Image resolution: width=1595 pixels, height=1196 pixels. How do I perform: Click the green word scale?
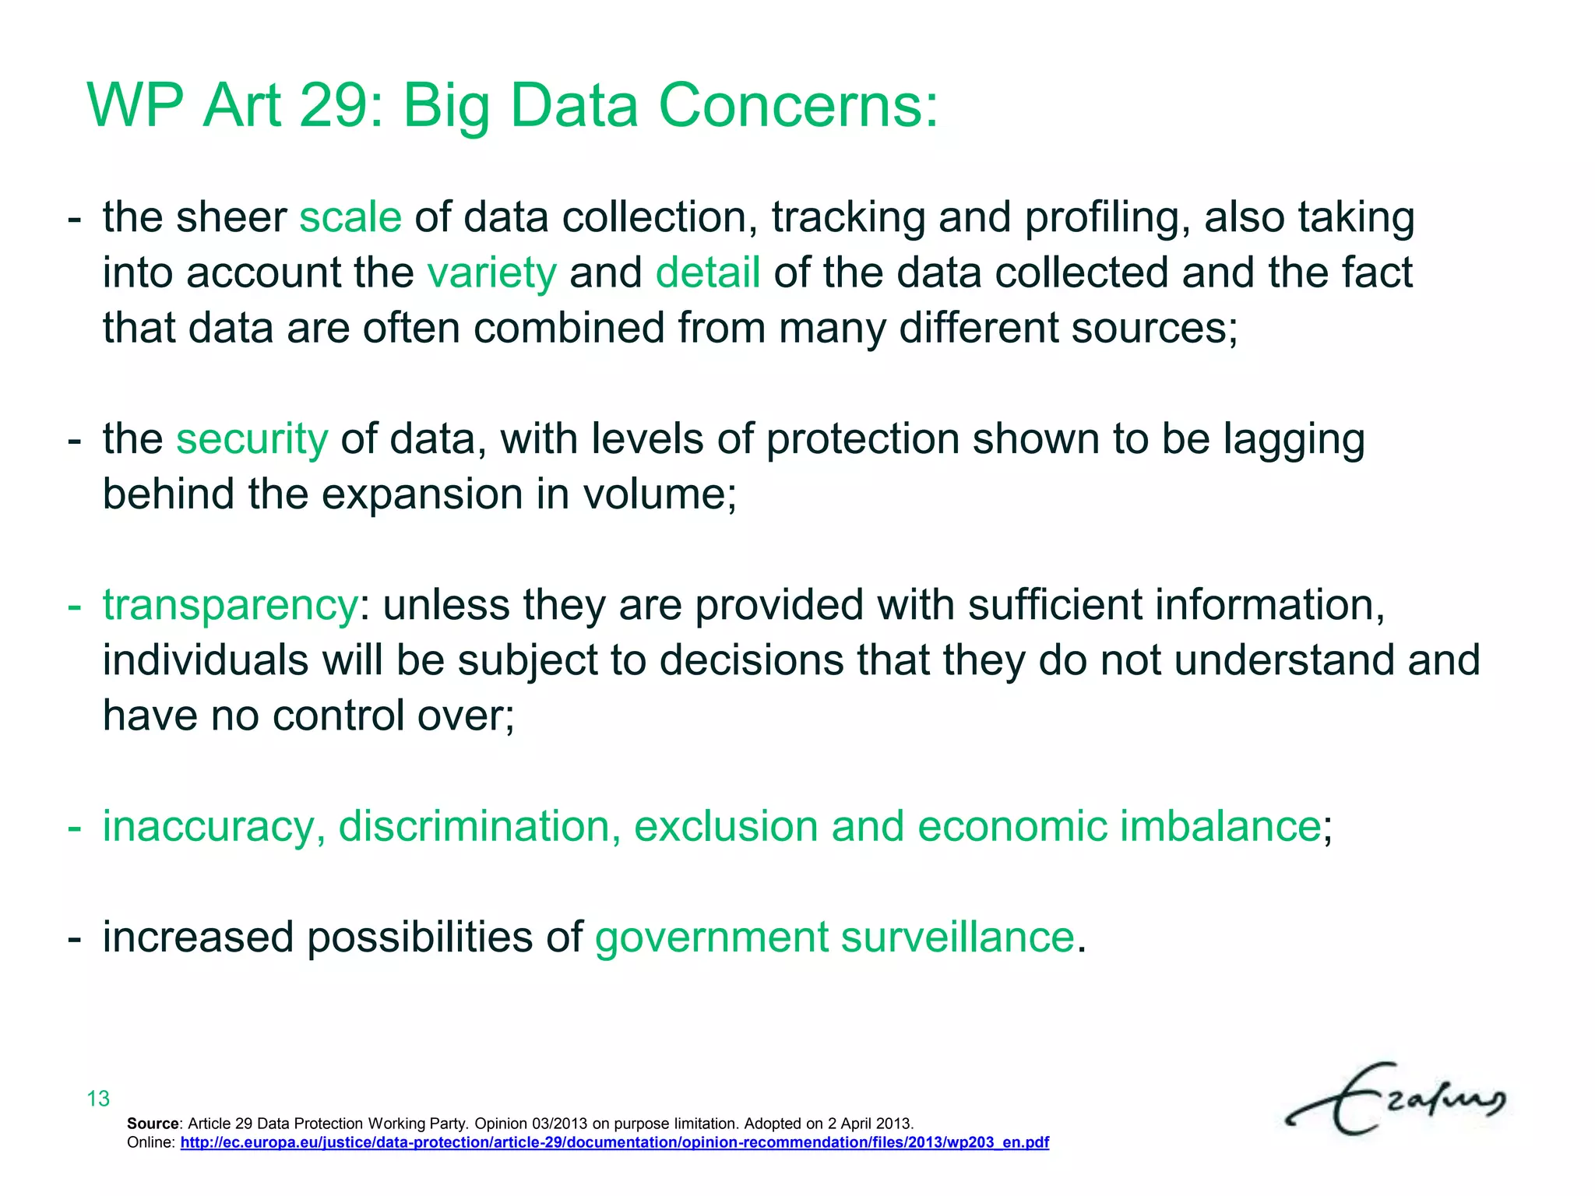click(x=350, y=217)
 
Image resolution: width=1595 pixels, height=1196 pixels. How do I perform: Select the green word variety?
click(x=491, y=273)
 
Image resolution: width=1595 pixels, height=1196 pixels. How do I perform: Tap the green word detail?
click(x=707, y=273)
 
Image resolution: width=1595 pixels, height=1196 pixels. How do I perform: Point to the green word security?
click(x=252, y=439)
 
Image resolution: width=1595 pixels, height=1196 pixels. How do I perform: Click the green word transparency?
click(x=230, y=605)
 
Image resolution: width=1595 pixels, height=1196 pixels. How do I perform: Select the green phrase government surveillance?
click(x=834, y=937)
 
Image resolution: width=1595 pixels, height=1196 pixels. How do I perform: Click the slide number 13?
click(x=98, y=1099)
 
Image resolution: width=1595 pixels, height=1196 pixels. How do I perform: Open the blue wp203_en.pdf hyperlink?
click(x=614, y=1143)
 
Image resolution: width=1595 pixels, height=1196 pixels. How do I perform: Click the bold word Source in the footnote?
click(x=153, y=1124)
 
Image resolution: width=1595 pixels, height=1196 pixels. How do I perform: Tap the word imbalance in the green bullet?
click(x=1220, y=826)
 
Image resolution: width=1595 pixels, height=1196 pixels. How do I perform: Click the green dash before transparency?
click(x=74, y=605)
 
